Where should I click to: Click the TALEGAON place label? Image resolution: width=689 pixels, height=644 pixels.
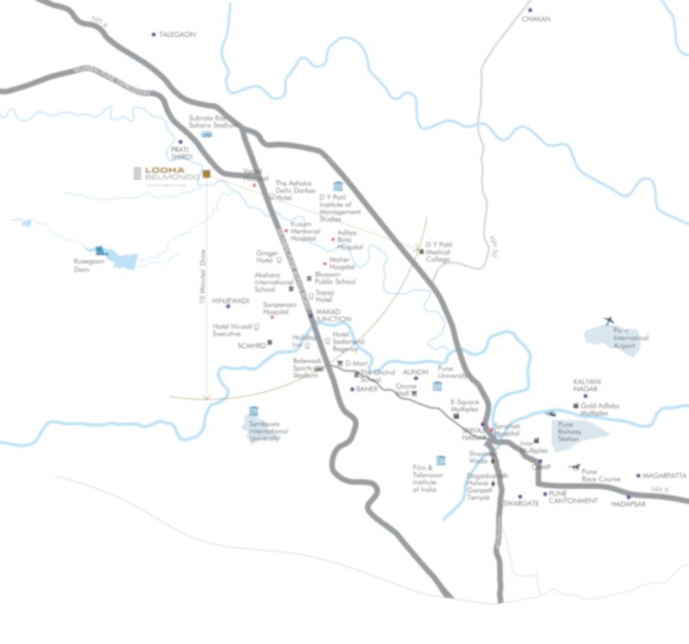pyautogui.click(x=177, y=34)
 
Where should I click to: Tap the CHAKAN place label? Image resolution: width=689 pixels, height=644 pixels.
pyautogui.click(x=536, y=18)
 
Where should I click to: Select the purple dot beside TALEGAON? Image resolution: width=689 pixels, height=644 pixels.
pyautogui.click(x=153, y=34)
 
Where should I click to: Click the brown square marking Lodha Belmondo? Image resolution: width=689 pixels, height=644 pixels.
pyautogui.click(x=205, y=174)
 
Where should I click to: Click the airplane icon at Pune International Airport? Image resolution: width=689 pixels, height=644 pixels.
pyautogui.click(x=609, y=320)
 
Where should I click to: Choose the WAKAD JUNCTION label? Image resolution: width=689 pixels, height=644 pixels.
pyautogui.click(x=333, y=315)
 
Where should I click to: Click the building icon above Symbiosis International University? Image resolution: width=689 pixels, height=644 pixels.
pyautogui.click(x=254, y=412)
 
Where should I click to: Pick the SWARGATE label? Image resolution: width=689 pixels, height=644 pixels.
pyautogui.click(x=521, y=505)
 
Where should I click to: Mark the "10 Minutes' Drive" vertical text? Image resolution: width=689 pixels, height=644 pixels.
pyautogui.click(x=202, y=286)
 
